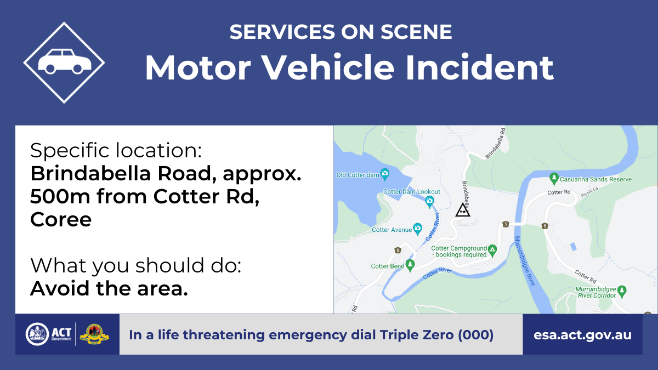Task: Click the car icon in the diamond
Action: point(65,61)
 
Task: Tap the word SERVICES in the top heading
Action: point(282,32)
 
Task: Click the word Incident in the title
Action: point(479,67)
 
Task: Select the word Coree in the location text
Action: point(61,219)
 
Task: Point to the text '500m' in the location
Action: point(60,196)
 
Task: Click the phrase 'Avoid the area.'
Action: point(109,288)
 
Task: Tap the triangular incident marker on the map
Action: point(463,210)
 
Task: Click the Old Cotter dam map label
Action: point(358,175)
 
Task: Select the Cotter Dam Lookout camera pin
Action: point(430,202)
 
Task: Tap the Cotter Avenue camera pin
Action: point(417,229)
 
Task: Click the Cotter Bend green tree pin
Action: point(410,265)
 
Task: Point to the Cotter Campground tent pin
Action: point(492,251)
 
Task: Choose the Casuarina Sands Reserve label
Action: point(595,179)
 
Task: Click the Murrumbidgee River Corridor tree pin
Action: point(622,292)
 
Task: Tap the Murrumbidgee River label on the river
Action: point(525,261)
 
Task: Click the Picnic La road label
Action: point(589,192)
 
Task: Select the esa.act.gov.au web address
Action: point(582,335)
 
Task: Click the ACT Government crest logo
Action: point(37,334)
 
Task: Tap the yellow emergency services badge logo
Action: point(94,334)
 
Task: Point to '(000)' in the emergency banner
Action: point(476,335)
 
